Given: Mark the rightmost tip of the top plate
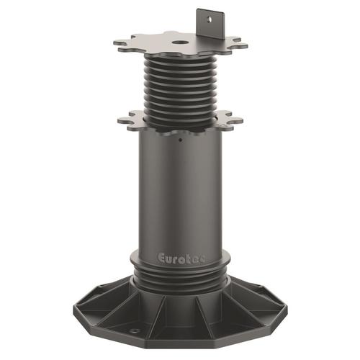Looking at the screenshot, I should (x=246, y=46).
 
